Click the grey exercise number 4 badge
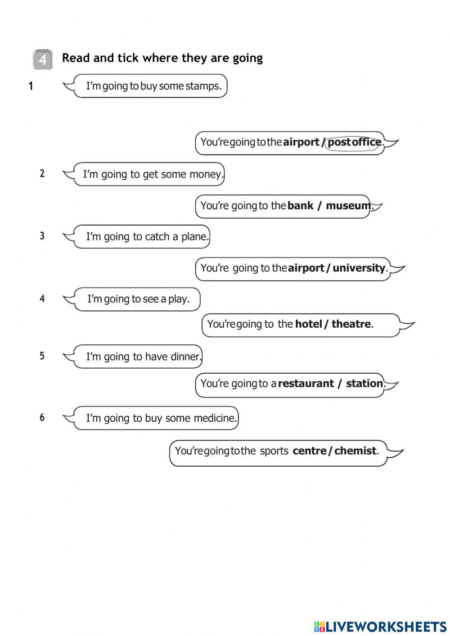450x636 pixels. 43,59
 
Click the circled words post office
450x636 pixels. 354,142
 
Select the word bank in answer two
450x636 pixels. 300,206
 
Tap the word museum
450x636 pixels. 348,206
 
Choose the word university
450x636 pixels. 359,268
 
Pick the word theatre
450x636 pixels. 351,324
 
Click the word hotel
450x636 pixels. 308,324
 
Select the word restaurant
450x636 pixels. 306,383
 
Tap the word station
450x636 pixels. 364,383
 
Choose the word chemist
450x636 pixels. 355,451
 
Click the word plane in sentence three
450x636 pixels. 195,237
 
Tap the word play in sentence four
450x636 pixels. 179,299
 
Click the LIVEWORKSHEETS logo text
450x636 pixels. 385,627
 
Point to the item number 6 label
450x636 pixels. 42,418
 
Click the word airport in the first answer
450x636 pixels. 301,142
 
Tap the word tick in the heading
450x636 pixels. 128,58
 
